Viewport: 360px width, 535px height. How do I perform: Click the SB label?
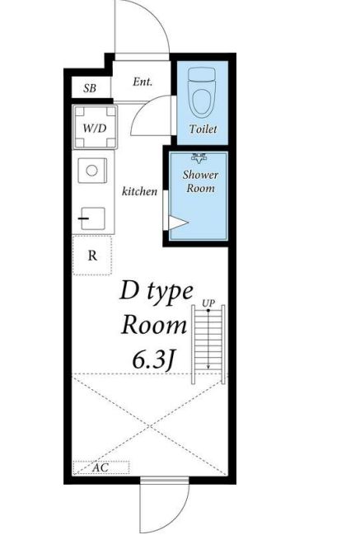[x=90, y=88]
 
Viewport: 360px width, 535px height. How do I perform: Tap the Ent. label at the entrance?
[x=143, y=82]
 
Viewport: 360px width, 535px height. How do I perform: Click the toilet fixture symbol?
[x=203, y=92]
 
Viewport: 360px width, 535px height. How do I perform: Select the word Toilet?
[x=203, y=129]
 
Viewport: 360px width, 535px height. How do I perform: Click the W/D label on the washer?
[x=95, y=129]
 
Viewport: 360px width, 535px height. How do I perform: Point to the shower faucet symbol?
[x=199, y=158]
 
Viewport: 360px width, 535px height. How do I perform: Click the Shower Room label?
[x=200, y=181]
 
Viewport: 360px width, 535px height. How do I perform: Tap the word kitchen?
[x=140, y=191]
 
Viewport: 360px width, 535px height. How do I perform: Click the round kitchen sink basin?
[x=91, y=171]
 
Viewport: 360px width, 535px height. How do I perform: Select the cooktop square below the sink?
[x=91, y=218]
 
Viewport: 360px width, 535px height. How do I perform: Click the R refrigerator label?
[x=92, y=256]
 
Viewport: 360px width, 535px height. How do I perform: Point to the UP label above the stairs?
[x=208, y=303]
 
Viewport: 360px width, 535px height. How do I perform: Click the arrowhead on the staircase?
[x=208, y=367]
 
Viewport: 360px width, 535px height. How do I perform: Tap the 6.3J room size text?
[x=154, y=360]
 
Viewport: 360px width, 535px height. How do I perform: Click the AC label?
[x=101, y=467]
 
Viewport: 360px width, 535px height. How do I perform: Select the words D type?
[x=157, y=292]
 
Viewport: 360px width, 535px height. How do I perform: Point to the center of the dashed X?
[x=150, y=426]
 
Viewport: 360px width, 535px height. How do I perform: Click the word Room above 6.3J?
[x=154, y=325]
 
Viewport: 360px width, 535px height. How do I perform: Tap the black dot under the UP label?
[x=208, y=310]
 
